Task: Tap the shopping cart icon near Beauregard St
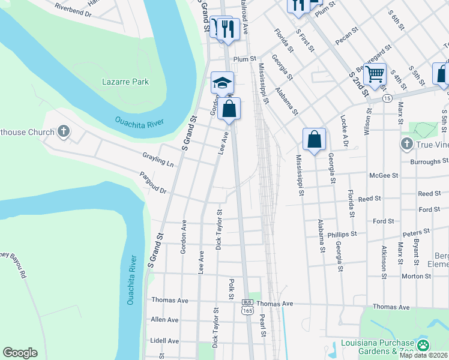pyautogui.click(x=375, y=75)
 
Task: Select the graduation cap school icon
pyautogui.click(x=222, y=83)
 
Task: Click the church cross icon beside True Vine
pyautogui.click(x=406, y=144)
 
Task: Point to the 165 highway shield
pyautogui.click(x=247, y=310)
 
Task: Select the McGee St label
pyautogui.click(x=385, y=175)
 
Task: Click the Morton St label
pyautogui.click(x=413, y=276)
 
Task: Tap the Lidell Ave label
pyautogui.click(x=165, y=341)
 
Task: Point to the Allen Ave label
pyautogui.click(x=166, y=320)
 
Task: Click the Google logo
pyautogui.click(x=20, y=353)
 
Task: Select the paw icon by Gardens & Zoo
pyautogui.click(x=423, y=344)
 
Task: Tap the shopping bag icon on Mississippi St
pyautogui.click(x=314, y=140)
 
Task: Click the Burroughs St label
pyautogui.click(x=429, y=161)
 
